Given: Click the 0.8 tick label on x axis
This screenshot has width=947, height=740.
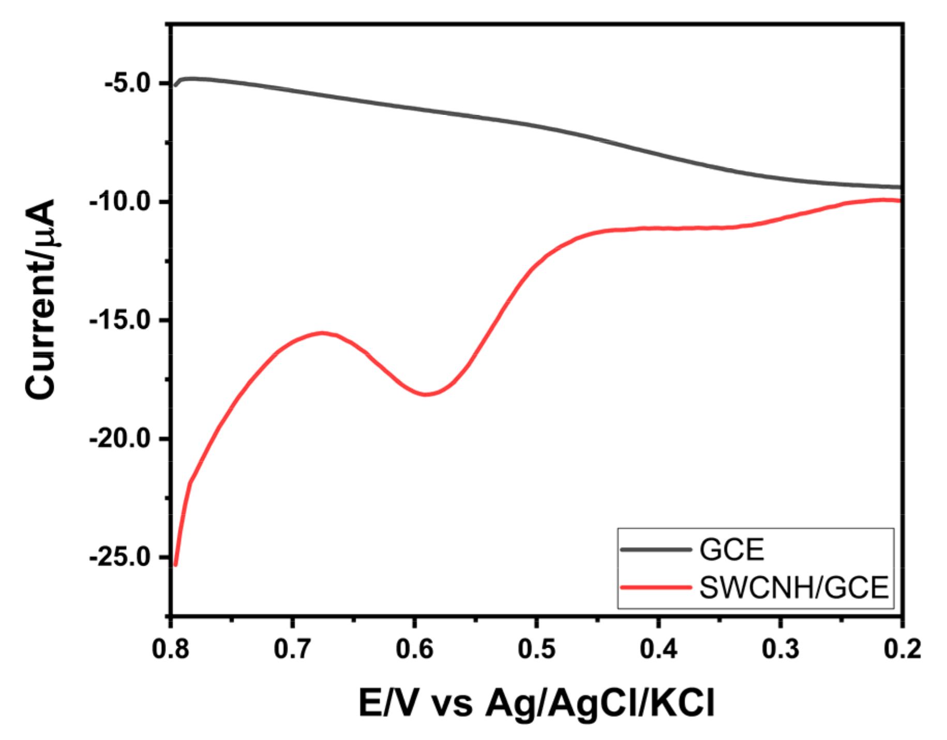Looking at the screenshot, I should pos(171,649).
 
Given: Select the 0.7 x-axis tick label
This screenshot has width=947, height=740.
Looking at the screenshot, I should pos(293,649).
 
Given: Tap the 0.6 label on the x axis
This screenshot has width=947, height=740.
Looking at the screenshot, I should pos(415,649).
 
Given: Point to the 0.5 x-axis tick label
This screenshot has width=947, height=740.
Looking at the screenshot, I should pos(537,649).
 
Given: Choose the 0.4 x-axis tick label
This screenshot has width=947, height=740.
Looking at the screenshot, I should pos(659,649).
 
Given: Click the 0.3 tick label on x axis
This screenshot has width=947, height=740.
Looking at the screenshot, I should pos(781,649).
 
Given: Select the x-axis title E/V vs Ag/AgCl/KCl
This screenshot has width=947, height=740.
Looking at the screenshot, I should pos(536,704).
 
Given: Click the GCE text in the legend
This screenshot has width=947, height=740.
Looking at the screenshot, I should pos(731,550).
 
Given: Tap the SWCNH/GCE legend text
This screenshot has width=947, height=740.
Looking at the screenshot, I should pos(793,588).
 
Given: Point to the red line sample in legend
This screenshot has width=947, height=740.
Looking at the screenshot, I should pos(656,587).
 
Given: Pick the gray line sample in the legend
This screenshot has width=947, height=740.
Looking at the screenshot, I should pos(656,549).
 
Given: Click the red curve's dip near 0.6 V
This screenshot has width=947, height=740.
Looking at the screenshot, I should pos(427,394).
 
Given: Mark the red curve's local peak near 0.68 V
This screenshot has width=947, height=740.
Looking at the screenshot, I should pos(323,333).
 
